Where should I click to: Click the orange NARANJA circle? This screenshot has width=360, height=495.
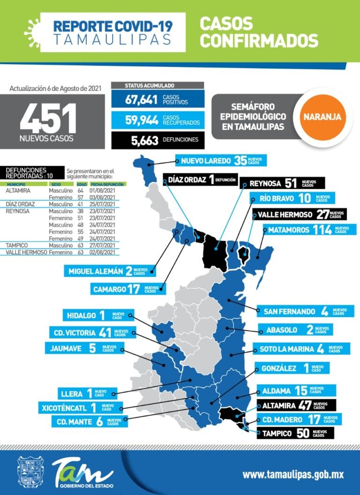click(323, 116)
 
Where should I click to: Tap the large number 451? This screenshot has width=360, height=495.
click(48, 118)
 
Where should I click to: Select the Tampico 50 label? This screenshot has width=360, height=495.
click(295, 433)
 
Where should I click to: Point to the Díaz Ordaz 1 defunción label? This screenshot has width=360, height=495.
click(199, 179)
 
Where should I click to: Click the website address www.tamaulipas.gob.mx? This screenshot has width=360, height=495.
click(293, 474)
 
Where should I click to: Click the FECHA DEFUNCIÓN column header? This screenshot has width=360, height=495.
click(107, 185)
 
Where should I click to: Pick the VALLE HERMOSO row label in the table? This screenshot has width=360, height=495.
click(26, 252)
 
